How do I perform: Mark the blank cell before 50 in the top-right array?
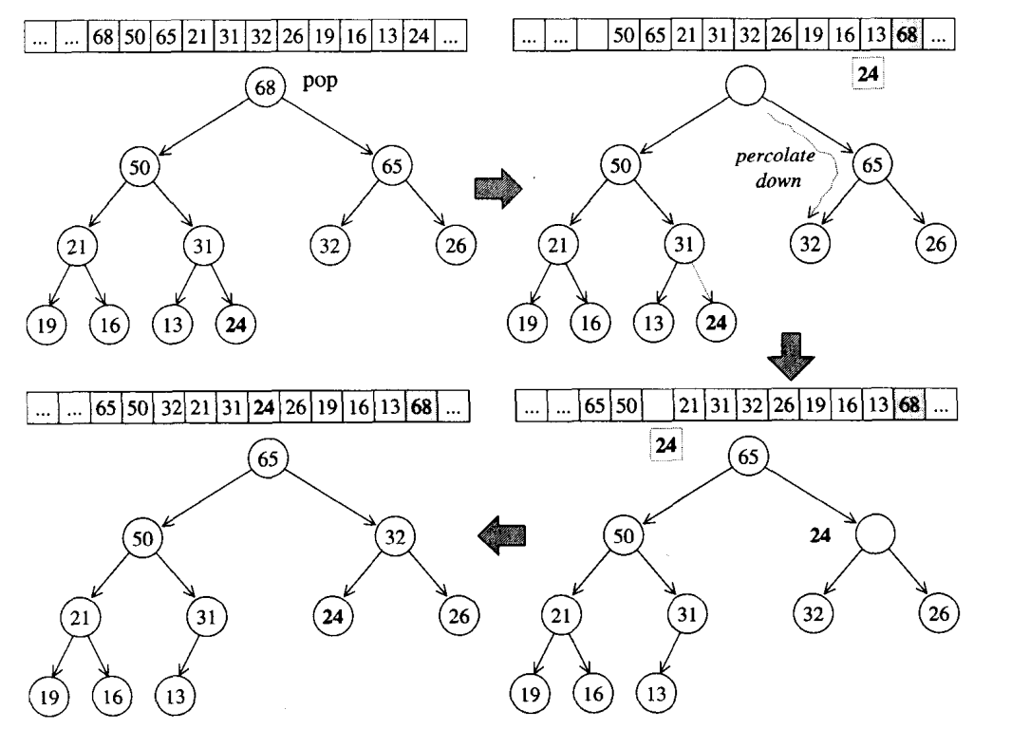pos(591,39)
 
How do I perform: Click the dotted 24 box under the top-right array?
pos(867,72)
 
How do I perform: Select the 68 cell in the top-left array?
pos(103,39)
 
